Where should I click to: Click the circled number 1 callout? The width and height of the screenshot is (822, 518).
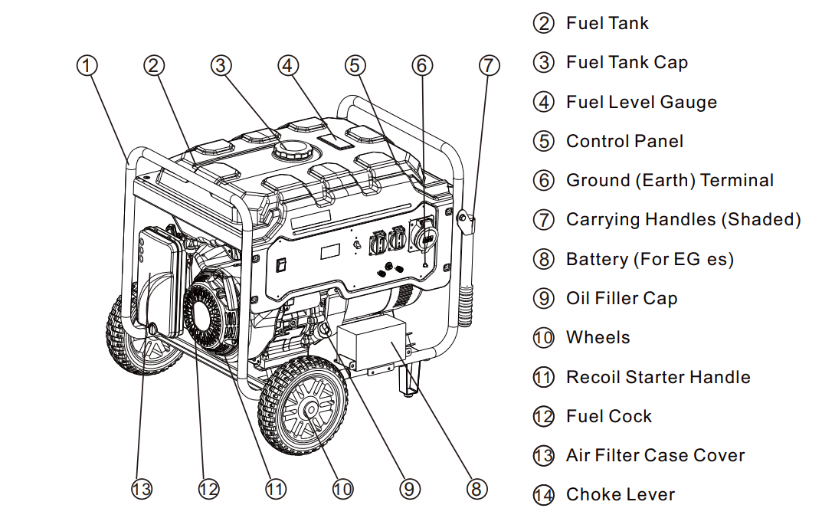(87, 66)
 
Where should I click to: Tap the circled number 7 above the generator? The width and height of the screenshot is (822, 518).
(489, 66)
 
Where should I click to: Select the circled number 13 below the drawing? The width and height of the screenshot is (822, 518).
(142, 489)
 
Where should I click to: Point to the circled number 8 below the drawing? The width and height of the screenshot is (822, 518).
(476, 489)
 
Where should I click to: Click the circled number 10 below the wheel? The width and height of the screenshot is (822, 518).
(342, 489)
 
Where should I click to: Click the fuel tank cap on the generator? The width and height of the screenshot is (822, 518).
(292, 149)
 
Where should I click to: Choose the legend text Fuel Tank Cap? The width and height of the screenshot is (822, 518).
(627, 63)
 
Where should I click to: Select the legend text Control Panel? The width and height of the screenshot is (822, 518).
(624, 141)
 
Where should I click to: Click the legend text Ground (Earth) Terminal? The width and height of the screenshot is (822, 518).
(670, 181)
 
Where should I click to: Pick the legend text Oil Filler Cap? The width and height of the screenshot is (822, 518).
(621, 299)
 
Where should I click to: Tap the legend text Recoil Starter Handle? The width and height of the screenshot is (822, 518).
(657, 377)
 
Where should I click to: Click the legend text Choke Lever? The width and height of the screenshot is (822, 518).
(620, 495)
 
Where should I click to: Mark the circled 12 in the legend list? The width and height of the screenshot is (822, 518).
(543, 417)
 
